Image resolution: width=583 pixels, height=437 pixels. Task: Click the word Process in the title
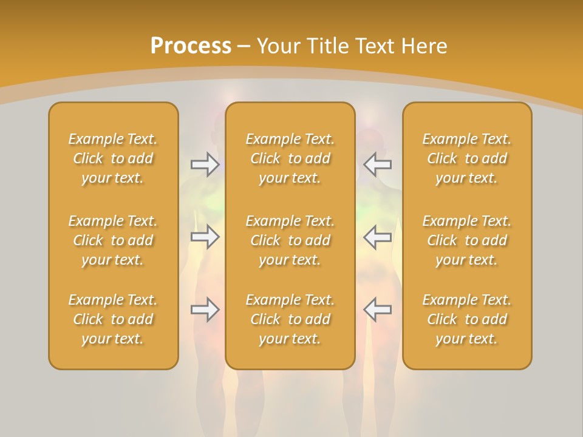click(191, 46)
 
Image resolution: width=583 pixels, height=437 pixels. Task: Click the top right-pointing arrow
click(205, 164)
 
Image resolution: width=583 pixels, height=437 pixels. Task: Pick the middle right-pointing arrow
click(205, 237)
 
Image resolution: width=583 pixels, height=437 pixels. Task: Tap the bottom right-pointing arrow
click(205, 310)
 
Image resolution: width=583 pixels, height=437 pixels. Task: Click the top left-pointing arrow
click(378, 164)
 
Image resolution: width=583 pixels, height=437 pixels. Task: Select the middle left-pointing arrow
click(378, 237)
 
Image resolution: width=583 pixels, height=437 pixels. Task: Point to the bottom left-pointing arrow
click(378, 310)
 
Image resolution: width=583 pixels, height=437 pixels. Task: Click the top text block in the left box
click(113, 158)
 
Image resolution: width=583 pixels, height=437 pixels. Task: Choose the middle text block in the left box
click(113, 240)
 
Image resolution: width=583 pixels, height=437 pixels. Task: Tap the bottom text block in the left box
click(113, 319)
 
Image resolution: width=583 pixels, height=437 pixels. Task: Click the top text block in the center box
click(290, 158)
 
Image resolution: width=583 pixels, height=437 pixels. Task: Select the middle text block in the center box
click(290, 240)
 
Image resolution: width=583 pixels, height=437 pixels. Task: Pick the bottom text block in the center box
click(290, 319)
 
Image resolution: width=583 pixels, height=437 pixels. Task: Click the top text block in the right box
click(467, 158)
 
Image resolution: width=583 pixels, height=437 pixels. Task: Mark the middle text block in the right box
click(467, 240)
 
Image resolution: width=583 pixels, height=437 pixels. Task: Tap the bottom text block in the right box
click(467, 319)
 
